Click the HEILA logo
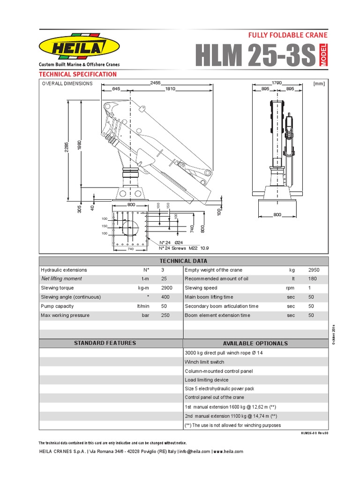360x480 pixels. click(x=79, y=47)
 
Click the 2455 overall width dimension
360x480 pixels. click(x=156, y=83)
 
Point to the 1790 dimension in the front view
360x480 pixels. click(x=277, y=83)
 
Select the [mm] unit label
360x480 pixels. click(x=319, y=83)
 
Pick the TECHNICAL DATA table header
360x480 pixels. click(x=183, y=261)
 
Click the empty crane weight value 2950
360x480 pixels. click(x=314, y=270)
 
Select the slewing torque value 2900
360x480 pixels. click(x=167, y=288)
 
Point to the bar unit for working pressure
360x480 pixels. click(x=145, y=315)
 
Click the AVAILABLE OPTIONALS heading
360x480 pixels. click(x=255, y=343)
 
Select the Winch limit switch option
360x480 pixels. click(x=205, y=362)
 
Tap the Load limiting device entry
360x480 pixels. click(x=207, y=380)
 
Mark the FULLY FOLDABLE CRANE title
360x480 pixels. click(x=287, y=35)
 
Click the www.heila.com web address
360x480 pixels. click(x=229, y=451)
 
